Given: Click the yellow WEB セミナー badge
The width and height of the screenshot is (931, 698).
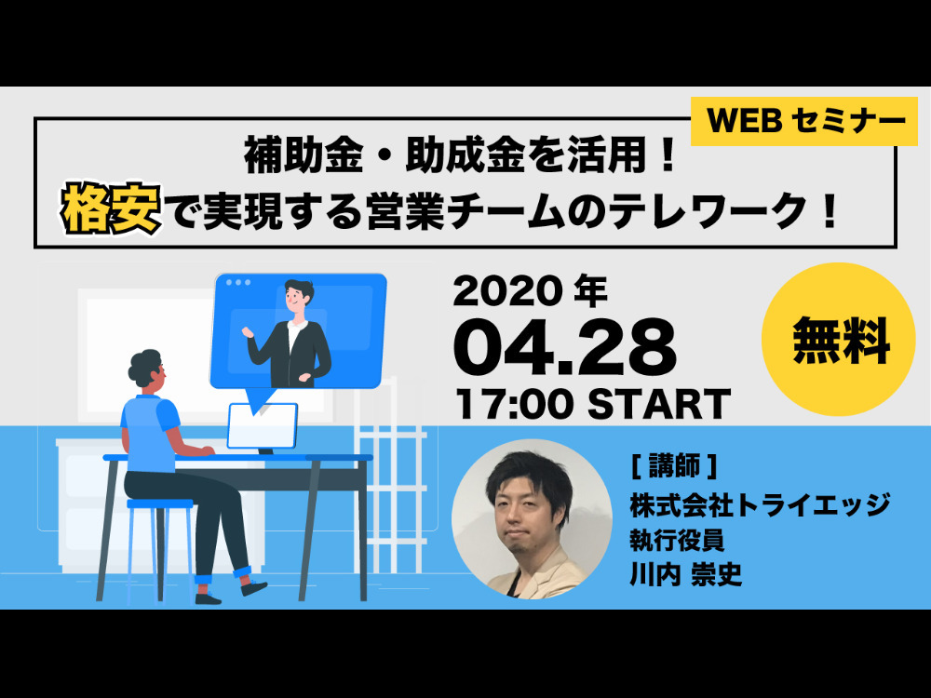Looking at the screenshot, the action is (804, 121).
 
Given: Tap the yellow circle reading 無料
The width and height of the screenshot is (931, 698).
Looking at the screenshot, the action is (839, 339).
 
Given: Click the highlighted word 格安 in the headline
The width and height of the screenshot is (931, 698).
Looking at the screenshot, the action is (111, 208).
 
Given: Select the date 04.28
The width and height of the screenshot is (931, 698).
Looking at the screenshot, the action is (565, 346).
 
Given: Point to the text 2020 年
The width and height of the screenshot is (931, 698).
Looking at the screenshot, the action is (531, 290).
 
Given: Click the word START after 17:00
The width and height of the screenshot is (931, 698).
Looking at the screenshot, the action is (659, 404).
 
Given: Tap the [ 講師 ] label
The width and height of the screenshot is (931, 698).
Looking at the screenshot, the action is (674, 466).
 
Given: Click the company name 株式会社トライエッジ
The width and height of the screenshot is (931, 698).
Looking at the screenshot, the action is (760, 504).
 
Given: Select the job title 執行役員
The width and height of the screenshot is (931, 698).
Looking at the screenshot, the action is (677, 540).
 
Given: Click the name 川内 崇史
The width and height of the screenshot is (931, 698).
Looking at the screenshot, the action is (686, 574).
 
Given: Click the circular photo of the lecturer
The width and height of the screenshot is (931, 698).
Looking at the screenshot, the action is (532, 518).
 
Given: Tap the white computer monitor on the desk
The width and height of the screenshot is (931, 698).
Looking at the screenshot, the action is (263, 425).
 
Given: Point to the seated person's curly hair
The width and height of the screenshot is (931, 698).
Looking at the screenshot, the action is (143, 366).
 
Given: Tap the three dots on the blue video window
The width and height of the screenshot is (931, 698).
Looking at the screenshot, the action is (238, 283).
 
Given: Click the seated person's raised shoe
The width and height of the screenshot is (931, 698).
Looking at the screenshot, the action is (253, 587).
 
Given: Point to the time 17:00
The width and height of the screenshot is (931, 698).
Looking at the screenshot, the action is (515, 404).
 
